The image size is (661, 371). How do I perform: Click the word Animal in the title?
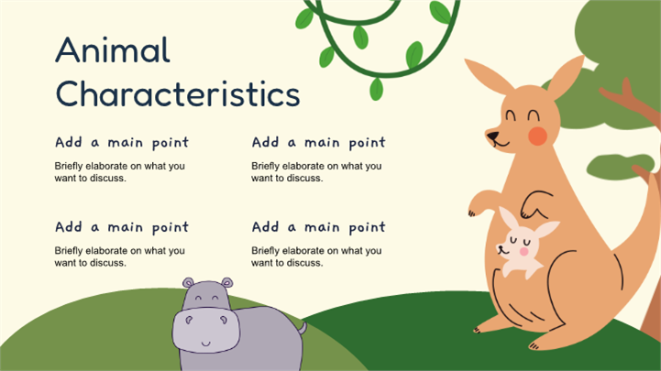[x=113, y=49]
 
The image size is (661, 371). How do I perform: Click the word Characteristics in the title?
[x=178, y=93]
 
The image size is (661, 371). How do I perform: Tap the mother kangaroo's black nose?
[x=492, y=136]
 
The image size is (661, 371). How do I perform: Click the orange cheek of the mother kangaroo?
[x=537, y=136]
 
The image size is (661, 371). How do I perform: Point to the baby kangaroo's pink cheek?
[x=524, y=251]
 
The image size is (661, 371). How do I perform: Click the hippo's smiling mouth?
[x=205, y=344]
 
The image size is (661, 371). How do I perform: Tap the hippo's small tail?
[x=303, y=328]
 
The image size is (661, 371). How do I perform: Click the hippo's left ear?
[x=188, y=282]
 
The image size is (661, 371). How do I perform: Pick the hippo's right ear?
[x=227, y=282]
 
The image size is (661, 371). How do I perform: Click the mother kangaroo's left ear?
[x=489, y=77]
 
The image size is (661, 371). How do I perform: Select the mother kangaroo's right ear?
[x=567, y=78]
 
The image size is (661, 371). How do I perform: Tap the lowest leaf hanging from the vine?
[x=376, y=89]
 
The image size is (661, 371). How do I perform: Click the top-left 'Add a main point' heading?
[x=122, y=143]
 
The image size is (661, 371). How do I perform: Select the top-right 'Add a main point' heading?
[x=319, y=143]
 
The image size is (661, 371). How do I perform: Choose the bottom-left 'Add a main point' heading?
[x=122, y=227]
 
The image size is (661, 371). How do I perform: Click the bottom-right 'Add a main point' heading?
[x=319, y=227]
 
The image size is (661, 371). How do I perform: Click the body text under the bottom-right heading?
[x=316, y=256]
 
